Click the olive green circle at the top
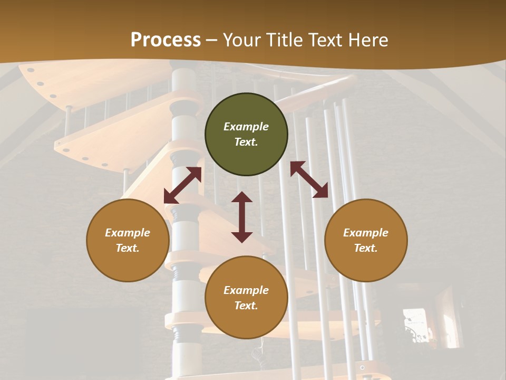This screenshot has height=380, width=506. click(x=246, y=134)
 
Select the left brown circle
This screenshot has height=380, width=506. click(x=128, y=240)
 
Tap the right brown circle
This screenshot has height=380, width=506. click(x=366, y=240)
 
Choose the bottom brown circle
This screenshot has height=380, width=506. click(x=246, y=298)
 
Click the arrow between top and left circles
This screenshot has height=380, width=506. click(x=182, y=185)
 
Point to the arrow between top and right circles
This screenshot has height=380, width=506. click(x=309, y=179)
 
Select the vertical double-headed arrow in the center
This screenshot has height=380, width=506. click(x=242, y=217)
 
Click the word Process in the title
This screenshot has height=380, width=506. click(x=166, y=40)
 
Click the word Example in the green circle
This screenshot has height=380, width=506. click(x=246, y=127)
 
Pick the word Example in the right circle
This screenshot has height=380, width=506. click(x=366, y=233)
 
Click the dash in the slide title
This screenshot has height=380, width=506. click(x=212, y=41)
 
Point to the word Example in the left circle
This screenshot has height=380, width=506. click(x=128, y=233)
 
